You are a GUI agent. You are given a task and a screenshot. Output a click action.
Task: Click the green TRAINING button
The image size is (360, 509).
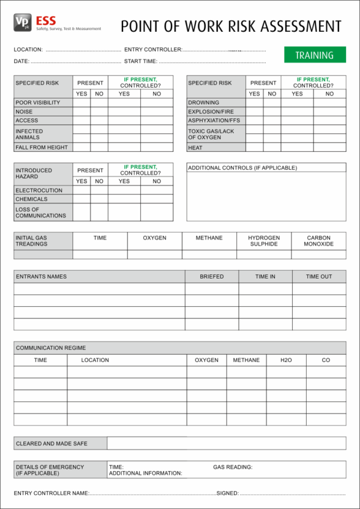pyautogui.click(x=314, y=55)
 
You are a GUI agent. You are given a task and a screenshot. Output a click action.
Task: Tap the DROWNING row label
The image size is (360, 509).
pyautogui.click(x=203, y=103)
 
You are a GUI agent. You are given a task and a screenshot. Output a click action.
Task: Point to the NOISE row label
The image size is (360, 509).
pyautogui.click(x=25, y=112)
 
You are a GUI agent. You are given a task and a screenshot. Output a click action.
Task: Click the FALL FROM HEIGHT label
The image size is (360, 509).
pyautogui.click(x=41, y=147)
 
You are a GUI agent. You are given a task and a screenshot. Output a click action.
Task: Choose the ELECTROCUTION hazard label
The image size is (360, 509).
pyautogui.click(x=39, y=190)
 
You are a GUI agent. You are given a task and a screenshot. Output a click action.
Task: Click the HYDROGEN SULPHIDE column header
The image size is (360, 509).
pyautogui.click(x=264, y=241)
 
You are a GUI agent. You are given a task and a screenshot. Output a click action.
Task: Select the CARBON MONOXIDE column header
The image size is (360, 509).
pyautogui.click(x=319, y=241)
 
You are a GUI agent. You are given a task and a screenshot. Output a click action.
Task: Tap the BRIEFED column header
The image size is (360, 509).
pyautogui.click(x=212, y=277)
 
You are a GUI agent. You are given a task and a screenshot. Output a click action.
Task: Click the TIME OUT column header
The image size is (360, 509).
pyautogui.click(x=319, y=277)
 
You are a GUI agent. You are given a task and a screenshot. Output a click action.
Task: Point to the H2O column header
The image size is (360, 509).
pyautogui.click(x=286, y=360)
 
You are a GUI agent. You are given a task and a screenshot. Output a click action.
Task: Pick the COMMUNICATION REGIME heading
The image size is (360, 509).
pyautogui.click(x=51, y=348)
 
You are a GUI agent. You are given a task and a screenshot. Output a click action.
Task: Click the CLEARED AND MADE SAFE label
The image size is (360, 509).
pyautogui.click(x=52, y=444)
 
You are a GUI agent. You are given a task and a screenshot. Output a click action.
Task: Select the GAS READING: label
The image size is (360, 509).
pyautogui.click(x=233, y=466)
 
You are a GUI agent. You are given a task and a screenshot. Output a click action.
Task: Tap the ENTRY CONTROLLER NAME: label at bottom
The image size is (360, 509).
pyautogui.click(x=52, y=493)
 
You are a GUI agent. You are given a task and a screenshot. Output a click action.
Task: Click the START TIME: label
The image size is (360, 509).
pyautogui.click(x=140, y=61)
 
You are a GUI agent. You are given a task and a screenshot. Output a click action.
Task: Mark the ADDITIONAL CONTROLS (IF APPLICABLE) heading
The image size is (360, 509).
pyautogui.click(x=242, y=168)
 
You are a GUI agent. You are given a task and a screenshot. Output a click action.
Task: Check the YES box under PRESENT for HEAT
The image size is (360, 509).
pyautogui.click(x=254, y=147)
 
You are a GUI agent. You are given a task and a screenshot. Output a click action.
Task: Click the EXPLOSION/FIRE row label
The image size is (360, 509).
pyautogui.click(x=211, y=112)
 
